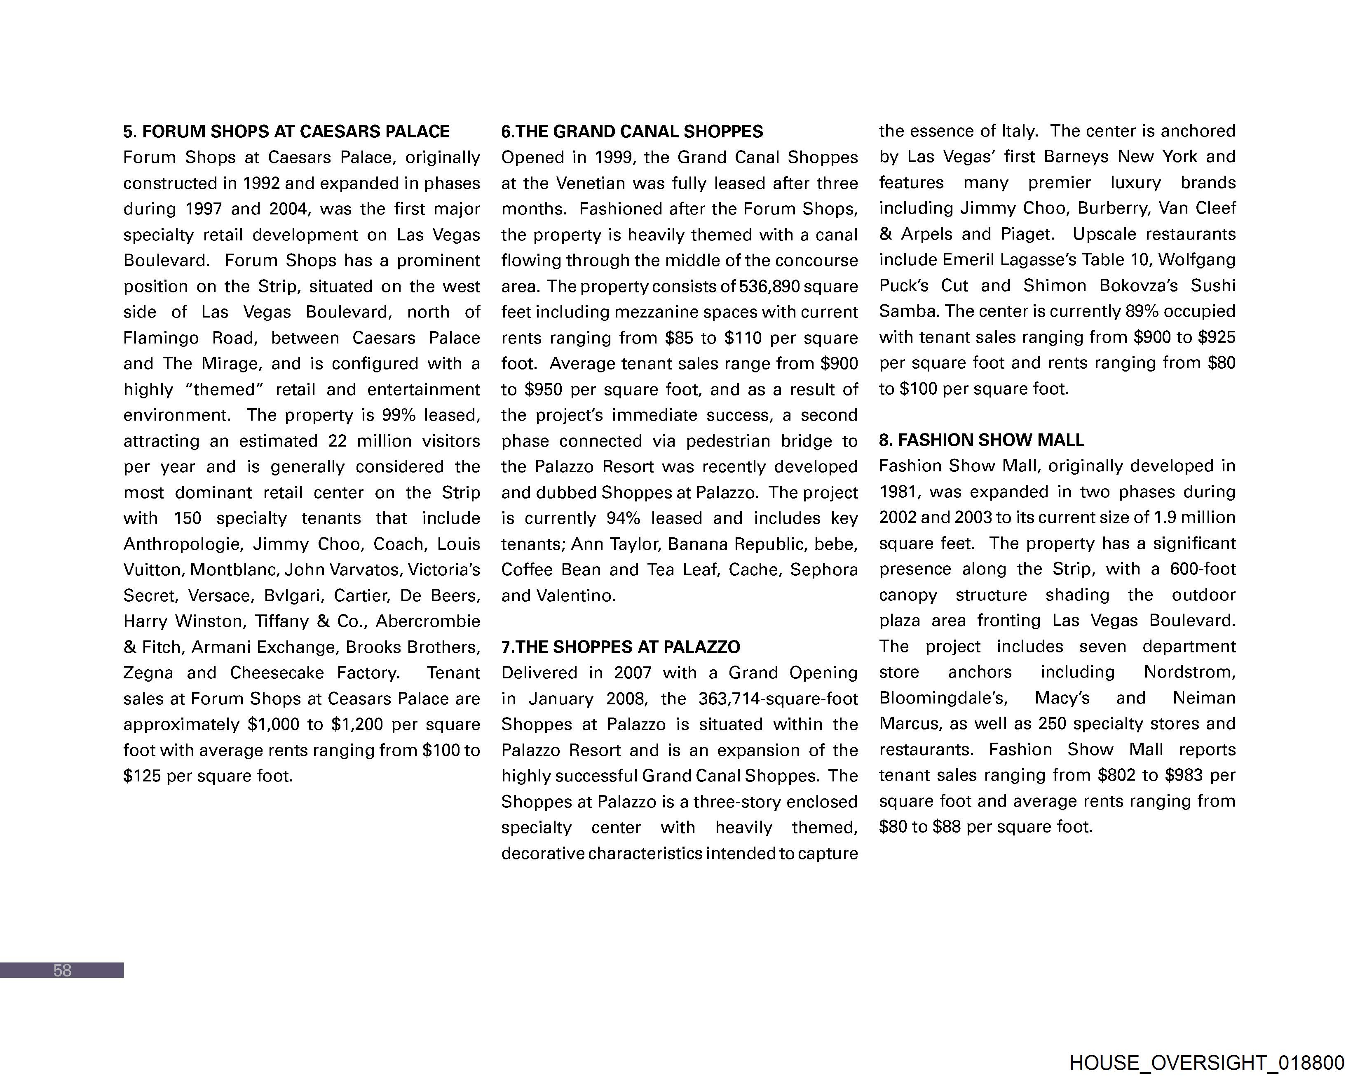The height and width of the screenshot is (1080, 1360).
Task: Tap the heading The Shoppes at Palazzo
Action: point(621,647)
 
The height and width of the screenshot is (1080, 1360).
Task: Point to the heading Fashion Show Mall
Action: point(982,440)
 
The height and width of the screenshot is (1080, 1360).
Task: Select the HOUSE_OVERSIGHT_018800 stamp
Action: point(1207,1063)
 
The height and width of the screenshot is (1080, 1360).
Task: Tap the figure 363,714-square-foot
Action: point(778,699)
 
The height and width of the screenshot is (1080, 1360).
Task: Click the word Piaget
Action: point(1027,234)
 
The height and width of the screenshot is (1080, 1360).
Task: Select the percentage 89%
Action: point(1142,311)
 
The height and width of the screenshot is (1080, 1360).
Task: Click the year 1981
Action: point(899,492)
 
